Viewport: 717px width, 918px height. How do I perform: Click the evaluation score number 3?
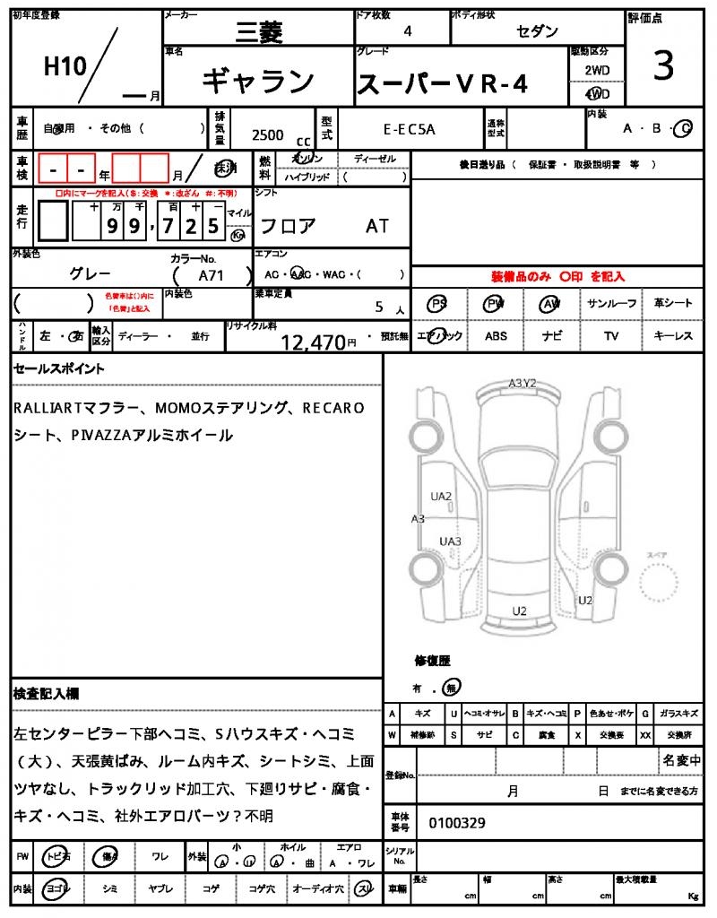tap(663, 68)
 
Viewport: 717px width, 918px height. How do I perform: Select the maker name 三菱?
tap(258, 32)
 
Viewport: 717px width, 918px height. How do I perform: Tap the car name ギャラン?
tap(257, 82)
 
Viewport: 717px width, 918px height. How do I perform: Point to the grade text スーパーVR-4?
tap(443, 84)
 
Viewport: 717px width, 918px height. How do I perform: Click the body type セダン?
tap(538, 31)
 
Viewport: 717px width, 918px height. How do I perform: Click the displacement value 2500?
tap(267, 135)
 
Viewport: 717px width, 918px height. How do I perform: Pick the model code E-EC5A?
tap(409, 129)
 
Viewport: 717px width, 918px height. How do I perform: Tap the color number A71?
tap(212, 276)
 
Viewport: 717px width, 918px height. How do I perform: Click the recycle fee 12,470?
tap(313, 342)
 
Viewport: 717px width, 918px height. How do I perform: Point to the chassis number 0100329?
tap(458, 822)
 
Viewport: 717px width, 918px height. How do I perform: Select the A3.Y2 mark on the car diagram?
tap(523, 384)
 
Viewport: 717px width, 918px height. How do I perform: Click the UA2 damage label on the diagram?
tap(441, 496)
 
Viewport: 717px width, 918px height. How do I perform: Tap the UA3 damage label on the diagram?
tap(450, 541)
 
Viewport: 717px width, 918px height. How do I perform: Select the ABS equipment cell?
tap(496, 336)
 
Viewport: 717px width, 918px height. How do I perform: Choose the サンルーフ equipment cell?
tap(612, 304)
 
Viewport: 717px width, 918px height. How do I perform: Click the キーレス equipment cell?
tap(672, 336)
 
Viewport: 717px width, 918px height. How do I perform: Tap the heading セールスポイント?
tap(59, 368)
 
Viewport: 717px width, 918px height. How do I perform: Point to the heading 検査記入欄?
tap(46, 693)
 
